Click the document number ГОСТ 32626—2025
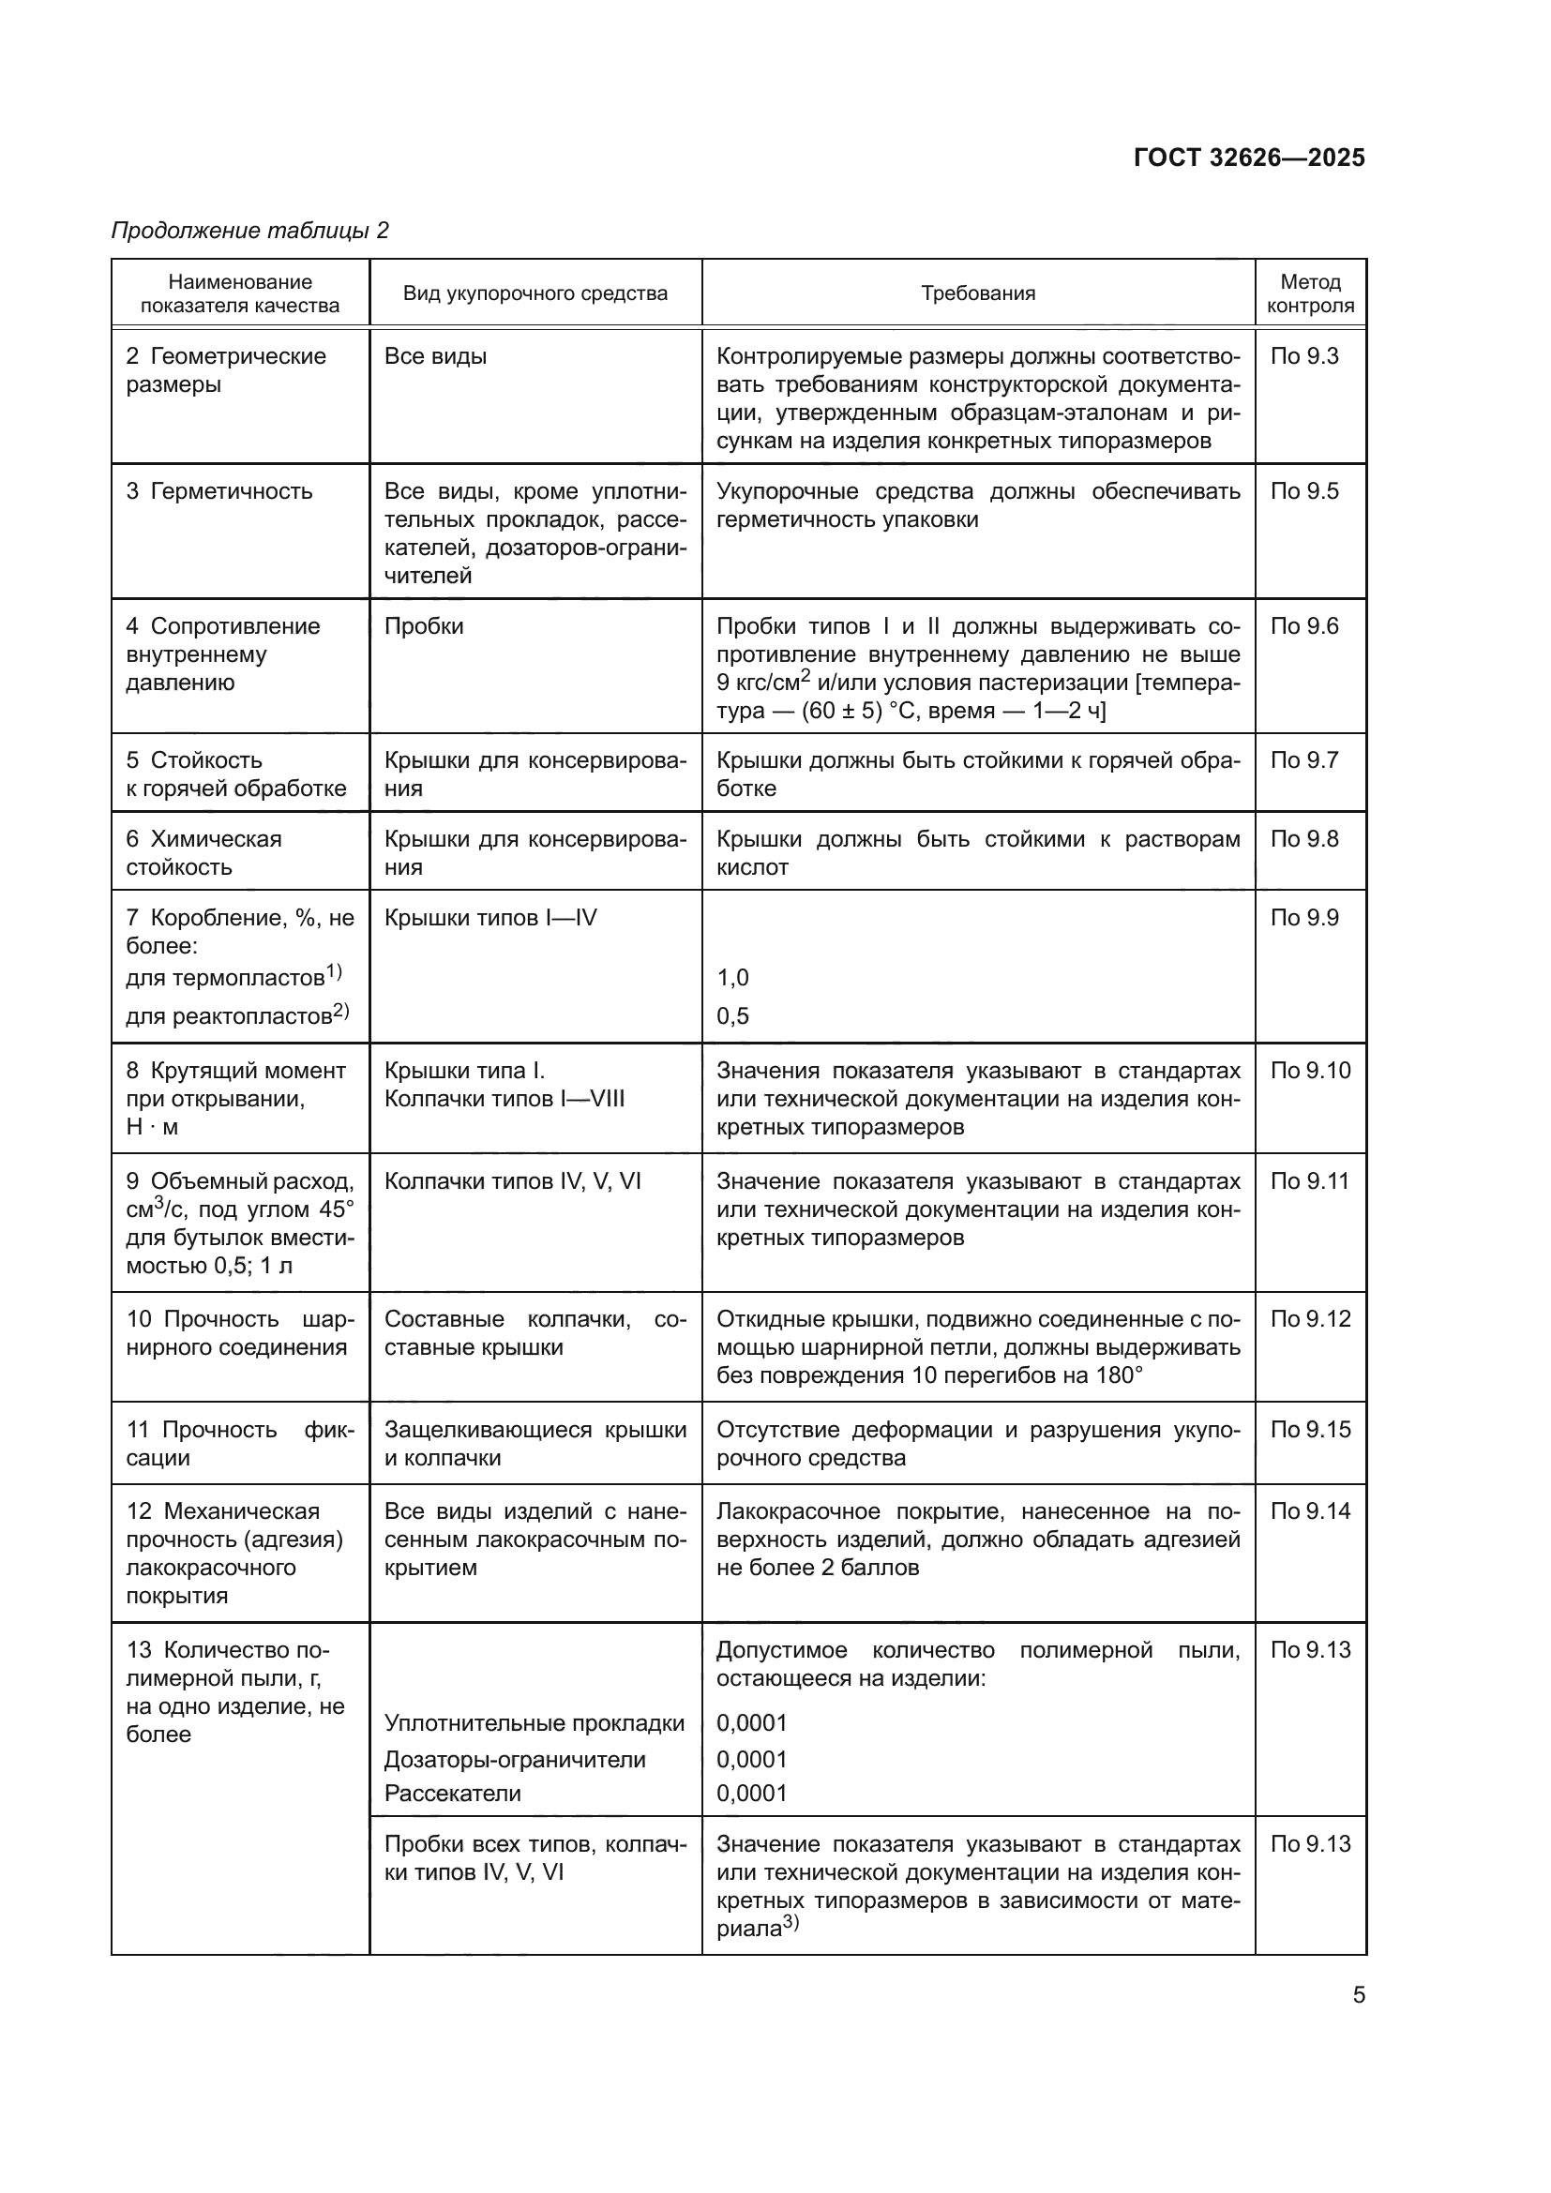tap(1248, 158)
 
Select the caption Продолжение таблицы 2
tap(250, 231)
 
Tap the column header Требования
tap(977, 293)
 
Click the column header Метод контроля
tap(1309, 293)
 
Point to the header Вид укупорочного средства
tap(535, 293)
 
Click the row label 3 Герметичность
tap(218, 491)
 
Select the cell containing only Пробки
tap(423, 626)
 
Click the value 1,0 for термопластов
tap(732, 977)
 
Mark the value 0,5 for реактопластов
tap(732, 1015)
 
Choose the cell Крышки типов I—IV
tap(489, 918)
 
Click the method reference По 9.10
tap(1309, 1071)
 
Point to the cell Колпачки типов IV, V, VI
tap(512, 1181)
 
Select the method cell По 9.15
tap(1309, 1430)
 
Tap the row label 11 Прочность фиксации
tap(240, 1443)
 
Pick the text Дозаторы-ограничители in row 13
tap(515, 1759)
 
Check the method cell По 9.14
tap(1309, 1511)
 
